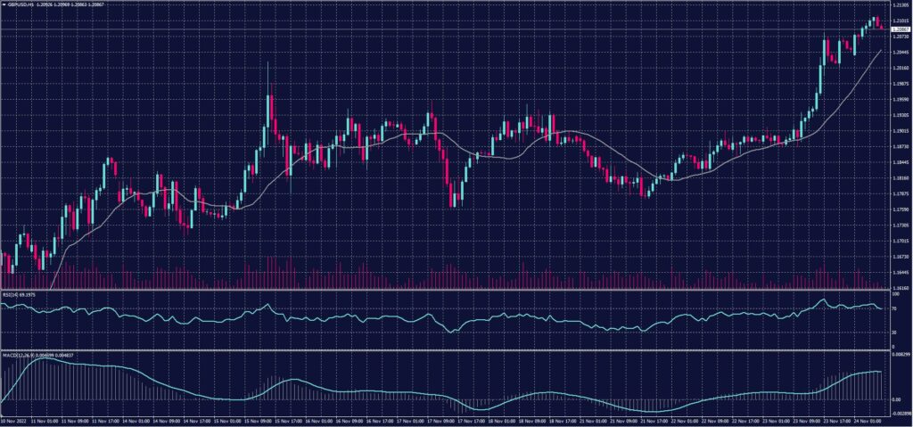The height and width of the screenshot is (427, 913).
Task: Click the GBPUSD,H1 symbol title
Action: [x=20, y=4]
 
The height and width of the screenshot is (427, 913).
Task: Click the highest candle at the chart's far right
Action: [x=876, y=21]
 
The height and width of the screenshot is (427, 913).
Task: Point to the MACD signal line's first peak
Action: [x=45, y=360]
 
